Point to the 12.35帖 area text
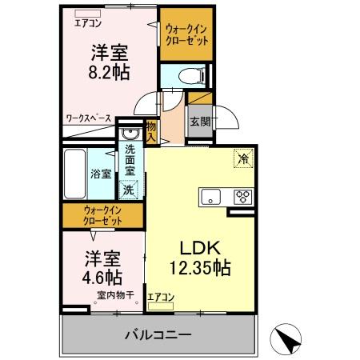point(199,268)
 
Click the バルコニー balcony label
point(157,334)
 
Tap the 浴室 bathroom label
point(100,173)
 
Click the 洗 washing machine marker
point(128,190)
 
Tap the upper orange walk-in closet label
point(186,35)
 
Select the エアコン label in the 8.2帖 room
point(89,22)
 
